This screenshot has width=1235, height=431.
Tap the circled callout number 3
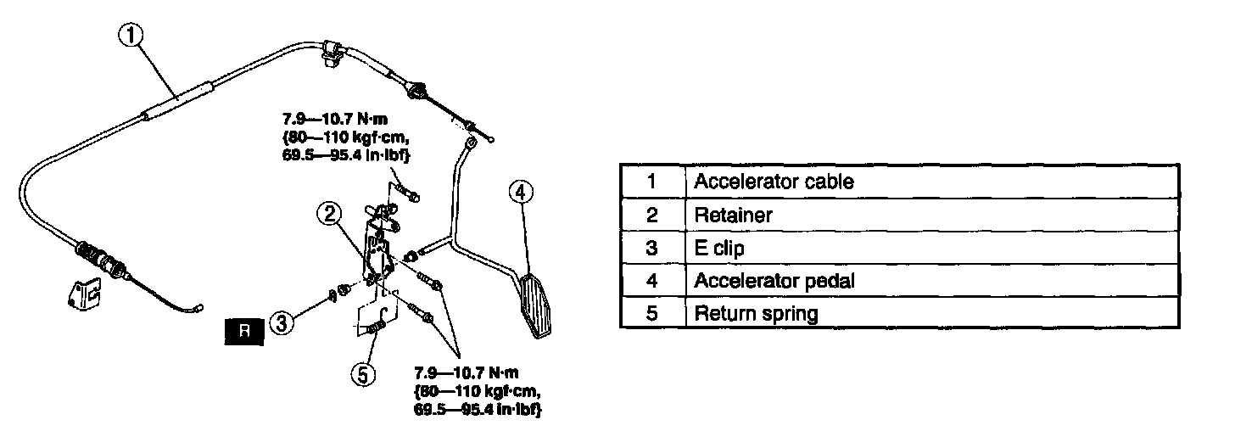[283, 322]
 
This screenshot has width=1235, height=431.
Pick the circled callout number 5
[363, 374]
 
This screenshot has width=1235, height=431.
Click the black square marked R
[244, 333]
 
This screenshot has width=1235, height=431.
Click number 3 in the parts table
[651, 248]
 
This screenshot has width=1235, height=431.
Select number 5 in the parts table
[651, 314]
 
